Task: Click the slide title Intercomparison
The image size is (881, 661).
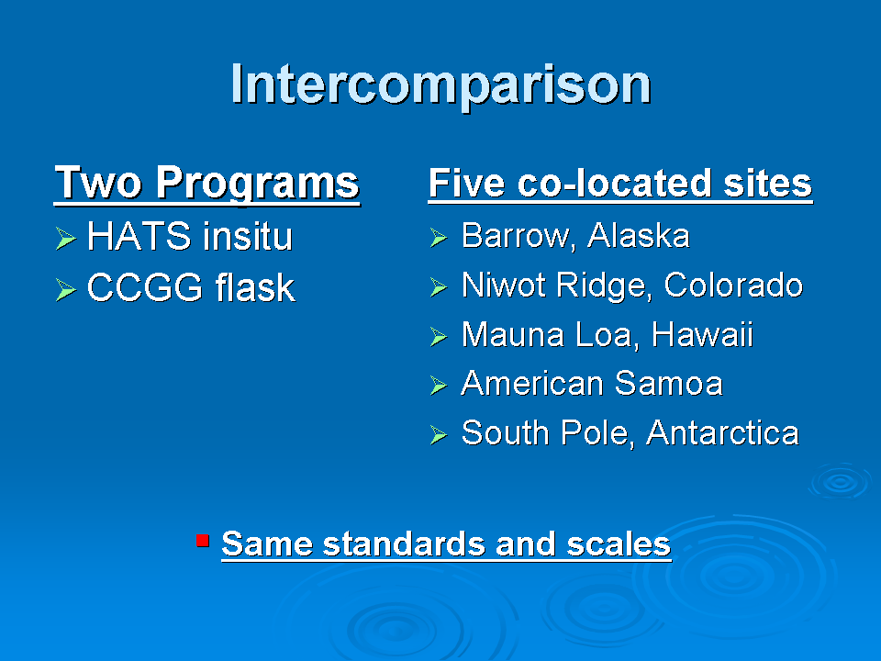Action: click(x=441, y=85)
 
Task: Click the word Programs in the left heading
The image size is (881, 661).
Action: click(x=257, y=184)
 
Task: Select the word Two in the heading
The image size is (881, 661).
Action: click(x=98, y=182)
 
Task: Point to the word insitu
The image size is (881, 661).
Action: click(x=248, y=236)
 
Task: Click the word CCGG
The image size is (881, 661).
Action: click(x=144, y=287)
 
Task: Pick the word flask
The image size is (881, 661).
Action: click(x=255, y=287)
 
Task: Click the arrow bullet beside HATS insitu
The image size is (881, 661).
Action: click(x=66, y=239)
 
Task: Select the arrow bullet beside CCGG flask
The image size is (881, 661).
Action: click(x=66, y=290)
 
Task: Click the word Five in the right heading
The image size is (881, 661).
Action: click(x=466, y=183)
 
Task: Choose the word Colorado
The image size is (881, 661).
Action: click(x=733, y=285)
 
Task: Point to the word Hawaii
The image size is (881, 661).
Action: click(x=702, y=334)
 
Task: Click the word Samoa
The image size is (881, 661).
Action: click(x=669, y=384)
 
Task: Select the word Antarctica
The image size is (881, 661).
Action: click(x=722, y=432)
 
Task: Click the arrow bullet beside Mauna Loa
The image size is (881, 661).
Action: click(x=439, y=337)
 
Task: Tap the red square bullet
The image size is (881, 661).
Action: click(x=203, y=541)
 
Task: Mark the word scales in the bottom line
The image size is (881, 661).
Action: click(x=619, y=544)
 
